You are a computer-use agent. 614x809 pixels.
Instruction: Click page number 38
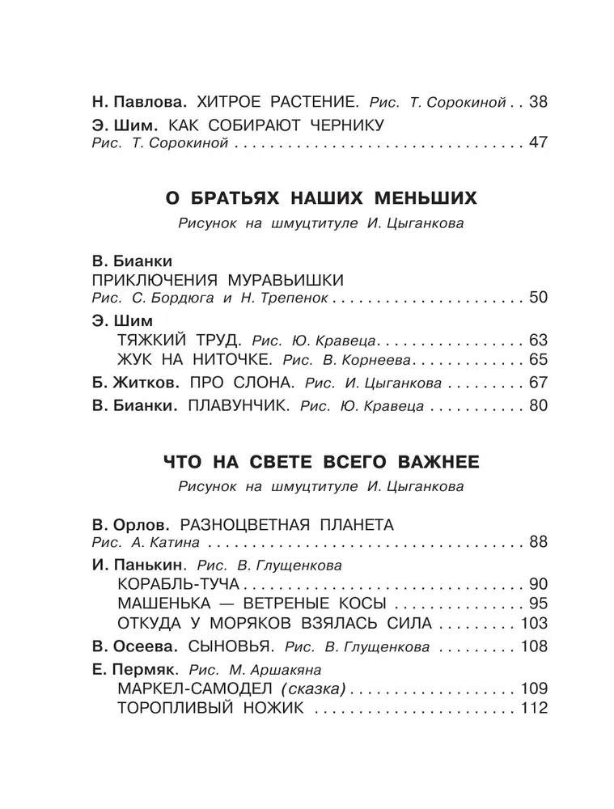pyautogui.click(x=538, y=103)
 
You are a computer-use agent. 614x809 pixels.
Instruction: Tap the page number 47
pyautogui.click(x=538, y=144)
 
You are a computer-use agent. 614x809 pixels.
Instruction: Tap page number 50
pyautogui.click(x=538, y=299)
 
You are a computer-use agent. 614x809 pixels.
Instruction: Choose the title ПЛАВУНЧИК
pyautogui.click(x=238, y=405)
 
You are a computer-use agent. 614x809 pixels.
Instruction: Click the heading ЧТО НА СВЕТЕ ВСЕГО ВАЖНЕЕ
pyautogui.click(x=310, y=462)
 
